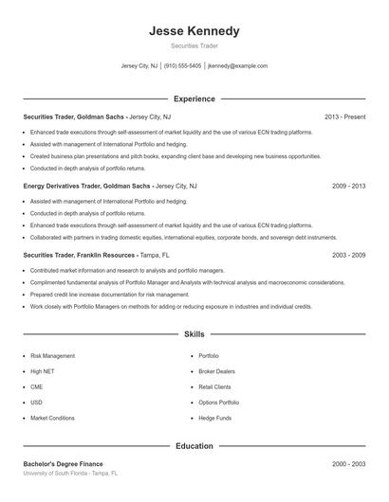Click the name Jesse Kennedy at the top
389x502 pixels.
pos(194,30)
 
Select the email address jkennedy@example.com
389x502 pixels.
pos(237,66)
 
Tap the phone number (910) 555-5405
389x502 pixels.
pos(183,66)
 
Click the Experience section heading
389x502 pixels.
pos(194,99)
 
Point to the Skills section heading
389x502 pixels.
pos(194,334)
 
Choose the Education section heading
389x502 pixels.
pos(194,445)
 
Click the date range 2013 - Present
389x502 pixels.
pos(344,117)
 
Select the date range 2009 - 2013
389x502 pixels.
pos(348,187)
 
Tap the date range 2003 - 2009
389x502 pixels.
pos(348,256)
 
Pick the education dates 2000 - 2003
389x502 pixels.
pos(348,464)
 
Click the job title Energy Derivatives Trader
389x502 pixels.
pos(61,187)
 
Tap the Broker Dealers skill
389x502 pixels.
pos(215,371)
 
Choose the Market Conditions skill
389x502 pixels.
pos(52,418)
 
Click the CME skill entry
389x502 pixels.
pos(37,386)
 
